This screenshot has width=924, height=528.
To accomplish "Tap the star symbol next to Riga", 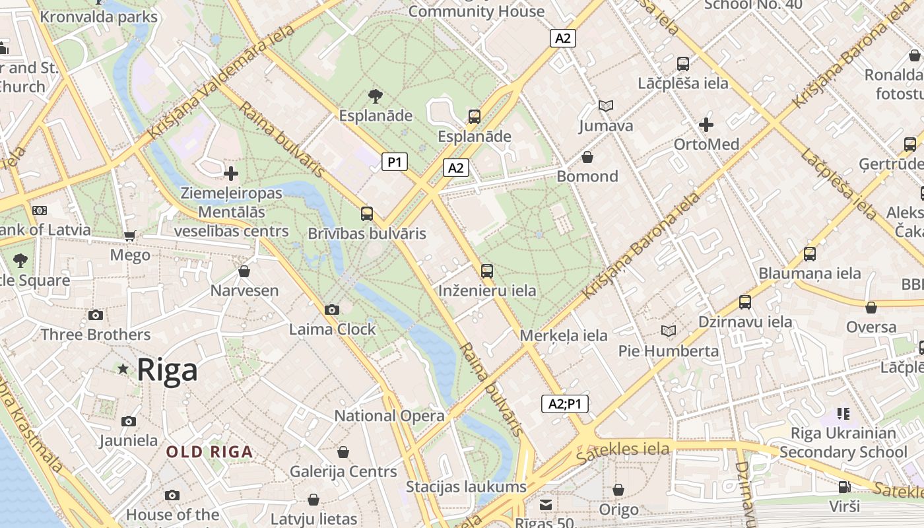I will click(123, 369).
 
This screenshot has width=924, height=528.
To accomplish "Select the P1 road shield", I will click(395, 162).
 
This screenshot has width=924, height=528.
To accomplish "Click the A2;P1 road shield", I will click(564, 404).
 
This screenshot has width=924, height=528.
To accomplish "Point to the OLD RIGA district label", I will click(209, 452).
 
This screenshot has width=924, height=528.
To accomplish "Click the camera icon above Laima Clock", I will click(332, 310).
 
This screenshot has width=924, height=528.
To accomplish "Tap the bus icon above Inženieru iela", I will click(487, 271).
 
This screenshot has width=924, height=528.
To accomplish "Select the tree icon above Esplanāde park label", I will click(376, 96).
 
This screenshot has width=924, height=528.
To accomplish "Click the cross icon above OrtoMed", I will click(706, 124).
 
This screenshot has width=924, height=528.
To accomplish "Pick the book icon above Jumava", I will click(605, 106).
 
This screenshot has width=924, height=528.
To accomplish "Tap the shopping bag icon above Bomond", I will click(587, 157).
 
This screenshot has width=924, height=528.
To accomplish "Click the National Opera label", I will click(389, 416).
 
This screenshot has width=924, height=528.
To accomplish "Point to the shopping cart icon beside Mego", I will click(130, 236).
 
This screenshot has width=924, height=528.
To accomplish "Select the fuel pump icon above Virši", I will click(844, 487).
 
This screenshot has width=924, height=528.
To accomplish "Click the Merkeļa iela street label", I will click(564, 335).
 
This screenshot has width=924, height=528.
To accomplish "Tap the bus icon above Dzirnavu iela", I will click(745, 302).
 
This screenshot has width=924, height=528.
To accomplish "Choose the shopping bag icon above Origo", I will click(618, 490).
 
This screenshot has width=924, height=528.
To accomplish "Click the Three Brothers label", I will click(96, 335).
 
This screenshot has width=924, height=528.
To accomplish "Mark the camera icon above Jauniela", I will click(129, 421).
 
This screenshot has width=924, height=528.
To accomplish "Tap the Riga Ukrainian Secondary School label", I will click(843, 443).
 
